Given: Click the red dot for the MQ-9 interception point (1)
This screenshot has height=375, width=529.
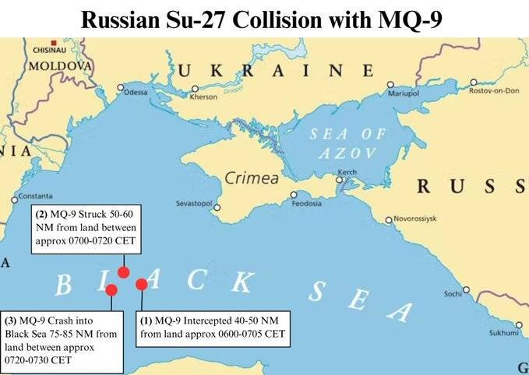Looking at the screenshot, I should coord(142,284).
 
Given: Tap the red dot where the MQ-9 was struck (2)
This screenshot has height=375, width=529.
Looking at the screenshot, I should coord(123,272).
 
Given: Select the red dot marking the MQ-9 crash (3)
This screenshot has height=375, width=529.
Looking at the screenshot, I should coord(111,290).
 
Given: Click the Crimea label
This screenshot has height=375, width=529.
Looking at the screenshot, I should coord(252,178).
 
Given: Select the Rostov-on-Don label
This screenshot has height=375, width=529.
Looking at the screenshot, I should coord(494,91).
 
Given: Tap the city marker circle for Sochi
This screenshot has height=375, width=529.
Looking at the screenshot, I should coord(466,289).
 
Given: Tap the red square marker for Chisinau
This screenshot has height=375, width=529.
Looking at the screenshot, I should coord(53,42).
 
